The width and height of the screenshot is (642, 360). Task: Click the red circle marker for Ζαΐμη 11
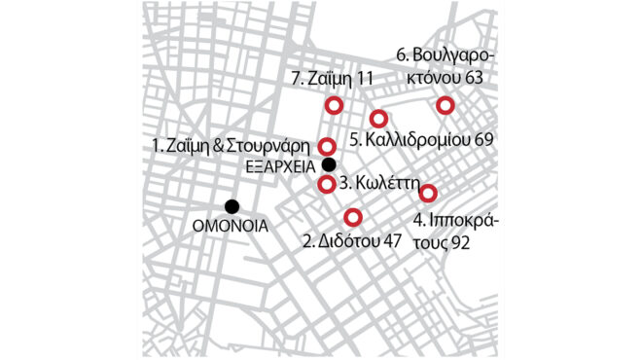pos(335,105)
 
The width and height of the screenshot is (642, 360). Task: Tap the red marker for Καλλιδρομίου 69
pos(379,118)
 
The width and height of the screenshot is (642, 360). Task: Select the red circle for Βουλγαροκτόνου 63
pos(445,105)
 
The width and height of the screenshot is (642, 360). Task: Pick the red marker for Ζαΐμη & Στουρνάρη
pos(328,146)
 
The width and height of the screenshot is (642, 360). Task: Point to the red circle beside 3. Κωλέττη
pos(328,184)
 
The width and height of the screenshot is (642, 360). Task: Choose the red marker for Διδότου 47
pos(354,216)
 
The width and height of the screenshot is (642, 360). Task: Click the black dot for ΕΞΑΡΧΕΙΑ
pos(329,164)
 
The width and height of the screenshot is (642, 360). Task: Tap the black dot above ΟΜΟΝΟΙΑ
pos(232,205)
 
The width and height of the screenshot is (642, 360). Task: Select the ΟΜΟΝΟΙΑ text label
pos(231,227)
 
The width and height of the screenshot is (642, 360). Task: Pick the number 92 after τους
pos(460,241)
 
